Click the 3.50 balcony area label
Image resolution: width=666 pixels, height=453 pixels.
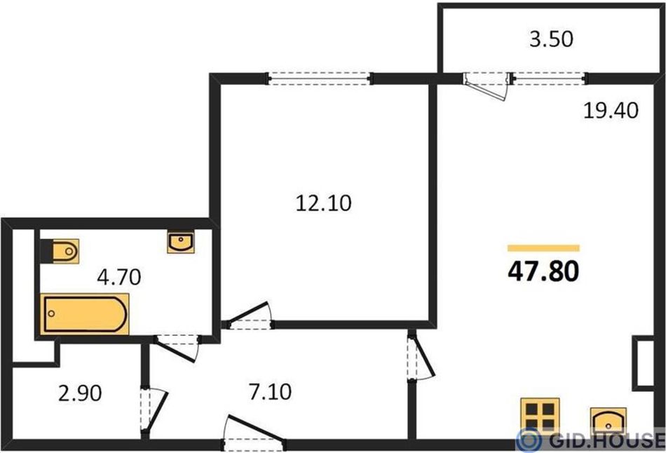point(551,39)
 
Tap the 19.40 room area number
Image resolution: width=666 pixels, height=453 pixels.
point(611,111)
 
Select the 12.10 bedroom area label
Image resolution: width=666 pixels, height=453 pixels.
point(323,203)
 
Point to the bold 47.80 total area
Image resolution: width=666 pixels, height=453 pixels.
point(543,271)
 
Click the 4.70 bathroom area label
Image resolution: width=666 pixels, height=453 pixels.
point(119,277)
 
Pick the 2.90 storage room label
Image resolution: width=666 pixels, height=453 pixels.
point(80,393)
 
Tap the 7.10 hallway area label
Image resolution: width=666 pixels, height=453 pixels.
point(270,392)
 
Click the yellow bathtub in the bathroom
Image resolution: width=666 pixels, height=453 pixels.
point(85,314)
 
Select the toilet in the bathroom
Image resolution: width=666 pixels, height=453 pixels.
point(60,251)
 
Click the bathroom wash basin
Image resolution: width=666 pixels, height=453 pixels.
point(181,242)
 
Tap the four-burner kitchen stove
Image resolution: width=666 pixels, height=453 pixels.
point(540,416)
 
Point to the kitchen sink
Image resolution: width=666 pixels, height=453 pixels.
point(609,421)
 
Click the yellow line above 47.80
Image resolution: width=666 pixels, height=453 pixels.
point(544,248)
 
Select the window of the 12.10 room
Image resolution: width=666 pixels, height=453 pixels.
point(319,79)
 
